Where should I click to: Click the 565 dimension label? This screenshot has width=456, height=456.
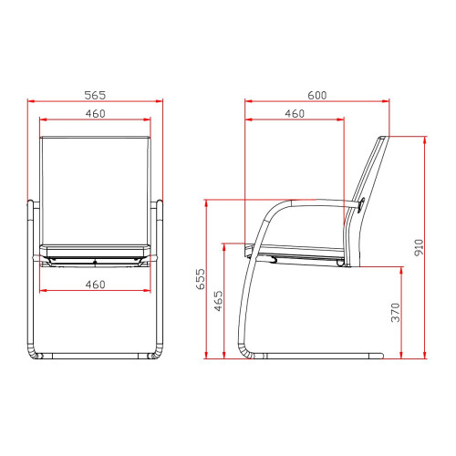click(x=95, y=95)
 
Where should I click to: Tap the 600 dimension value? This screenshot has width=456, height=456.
click(x=317, y=95)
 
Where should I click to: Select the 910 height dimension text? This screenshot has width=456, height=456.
click(x=419, y=247)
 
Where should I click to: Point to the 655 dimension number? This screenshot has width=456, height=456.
click(x=201, y=279)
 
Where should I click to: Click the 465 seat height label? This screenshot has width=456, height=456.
click(x=218, y=301)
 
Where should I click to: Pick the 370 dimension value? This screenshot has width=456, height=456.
click(x=395, y=312)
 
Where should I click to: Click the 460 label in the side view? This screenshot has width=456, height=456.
click(x=295, y=114)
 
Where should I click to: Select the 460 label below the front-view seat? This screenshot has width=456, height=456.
click(x=95, y=285)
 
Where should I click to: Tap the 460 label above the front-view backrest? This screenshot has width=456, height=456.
click(x=95, y=114)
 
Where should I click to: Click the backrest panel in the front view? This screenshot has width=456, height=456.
click(x=95, y=191)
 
